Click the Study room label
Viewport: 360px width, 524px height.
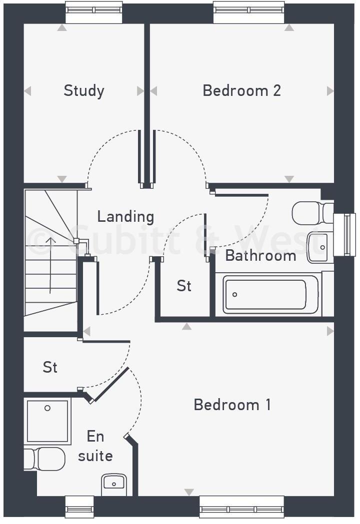click(84, 91)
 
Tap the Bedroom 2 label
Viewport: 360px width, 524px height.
click(241, 90)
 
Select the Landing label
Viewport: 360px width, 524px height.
click(125, 216)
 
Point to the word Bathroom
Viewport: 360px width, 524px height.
click(260, 255)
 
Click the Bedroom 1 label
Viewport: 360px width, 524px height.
click(232, 404)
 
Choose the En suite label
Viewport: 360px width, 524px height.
click(95, 446)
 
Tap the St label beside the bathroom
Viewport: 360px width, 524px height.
click(184, 286)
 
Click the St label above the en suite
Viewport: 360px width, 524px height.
click(50, 367)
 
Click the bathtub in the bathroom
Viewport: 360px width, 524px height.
click(270, 295)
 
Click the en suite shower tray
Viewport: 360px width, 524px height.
click(47, 421)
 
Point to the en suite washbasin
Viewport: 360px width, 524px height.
click(114, 484)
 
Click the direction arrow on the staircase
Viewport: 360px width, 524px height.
click(50, 265)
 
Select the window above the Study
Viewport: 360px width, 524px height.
click(94, 11)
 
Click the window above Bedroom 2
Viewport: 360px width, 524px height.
click(249, 11)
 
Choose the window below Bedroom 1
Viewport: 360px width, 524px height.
click(242, 509)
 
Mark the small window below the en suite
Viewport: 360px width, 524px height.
click(79, 509)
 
